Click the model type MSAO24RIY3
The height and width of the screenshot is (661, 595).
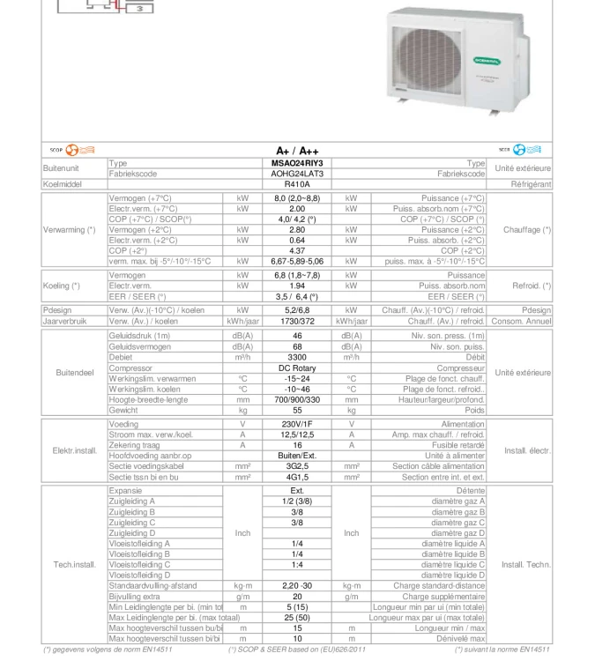[x=297, y=163]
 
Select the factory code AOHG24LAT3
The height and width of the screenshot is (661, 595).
[x=297, y=174]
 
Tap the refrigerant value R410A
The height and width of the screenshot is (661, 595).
[x=297, y=184]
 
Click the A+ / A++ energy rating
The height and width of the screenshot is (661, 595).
[x=297, y=151]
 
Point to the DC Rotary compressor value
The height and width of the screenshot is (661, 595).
[x=297, y=368]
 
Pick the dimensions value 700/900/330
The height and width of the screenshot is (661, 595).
[x=297, y=400]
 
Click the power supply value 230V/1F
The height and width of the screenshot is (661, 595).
[x=297, y=424]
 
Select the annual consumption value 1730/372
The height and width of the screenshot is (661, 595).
[x=297, y=322]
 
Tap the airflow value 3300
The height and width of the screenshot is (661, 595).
[x=297, y=358]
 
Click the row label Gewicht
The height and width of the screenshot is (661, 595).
[x=123, y=411]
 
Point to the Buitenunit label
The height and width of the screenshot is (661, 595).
[x=61, y=168]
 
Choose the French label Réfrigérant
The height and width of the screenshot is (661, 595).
[x=531, y=184]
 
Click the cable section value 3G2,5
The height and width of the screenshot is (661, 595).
[x=297, y=466]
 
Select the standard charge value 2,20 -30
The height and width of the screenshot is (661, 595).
[x=297, y=585]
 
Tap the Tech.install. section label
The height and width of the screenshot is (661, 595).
[x=74, y=564]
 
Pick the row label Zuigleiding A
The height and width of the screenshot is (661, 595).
[x=132, y=501]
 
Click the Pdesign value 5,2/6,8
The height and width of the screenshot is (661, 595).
[x=297, y=310]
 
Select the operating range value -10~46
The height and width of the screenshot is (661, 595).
[x=297, y=390]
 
